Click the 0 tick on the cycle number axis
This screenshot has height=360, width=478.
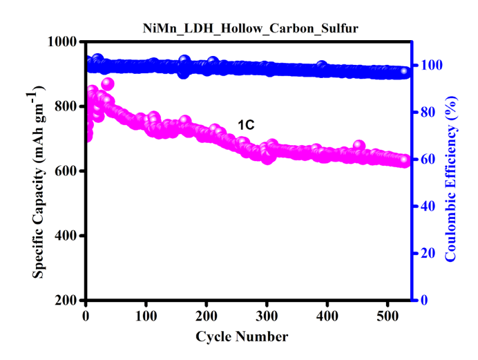(x=86, y=316)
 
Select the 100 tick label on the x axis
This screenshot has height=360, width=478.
(x=146, y=316)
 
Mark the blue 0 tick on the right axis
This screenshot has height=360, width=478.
(x=423, y=301)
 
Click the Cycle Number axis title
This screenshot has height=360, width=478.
(x=242, y=337)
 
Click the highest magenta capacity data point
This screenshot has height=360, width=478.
(x=107, y=84)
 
